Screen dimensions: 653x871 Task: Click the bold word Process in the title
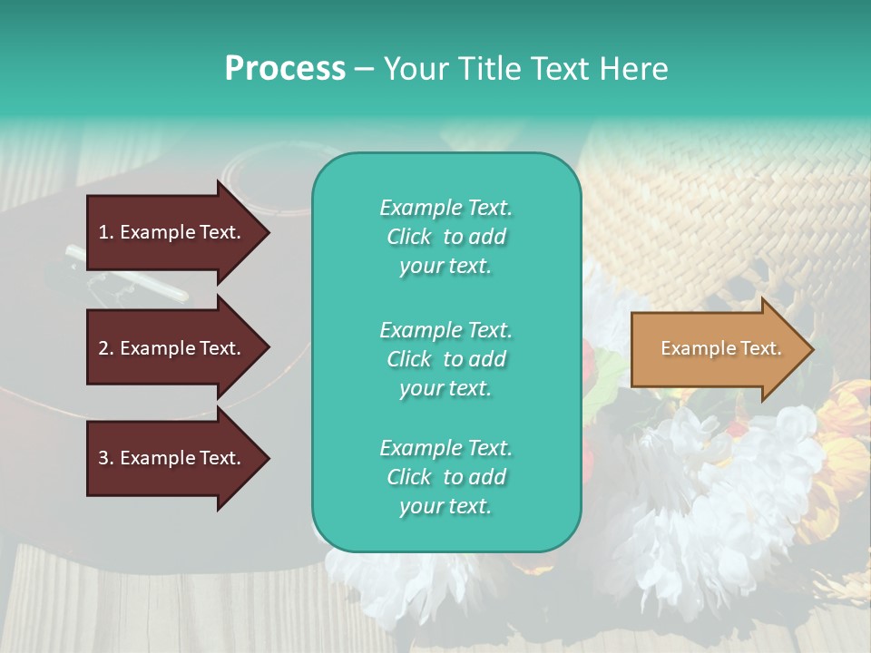click(285, 69)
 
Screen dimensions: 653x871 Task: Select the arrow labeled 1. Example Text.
click(171, 232)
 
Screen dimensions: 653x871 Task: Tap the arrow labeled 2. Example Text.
click(171, 348)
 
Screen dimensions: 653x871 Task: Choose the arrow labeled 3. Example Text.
click(171, 458)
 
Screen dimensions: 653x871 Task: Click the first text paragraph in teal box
click(445, 237)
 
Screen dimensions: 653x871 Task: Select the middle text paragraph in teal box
click(445, 359)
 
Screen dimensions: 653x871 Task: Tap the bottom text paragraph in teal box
click(445, 477)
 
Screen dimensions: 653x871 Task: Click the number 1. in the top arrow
click(106, 232)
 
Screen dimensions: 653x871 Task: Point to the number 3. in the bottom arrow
click(106, 458)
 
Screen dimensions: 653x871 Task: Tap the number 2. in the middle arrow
click(106, 348)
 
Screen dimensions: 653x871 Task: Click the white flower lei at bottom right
click(717, 508)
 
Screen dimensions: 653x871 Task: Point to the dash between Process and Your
click(365, 69)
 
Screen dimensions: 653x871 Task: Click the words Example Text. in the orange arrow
click(720, 349)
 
